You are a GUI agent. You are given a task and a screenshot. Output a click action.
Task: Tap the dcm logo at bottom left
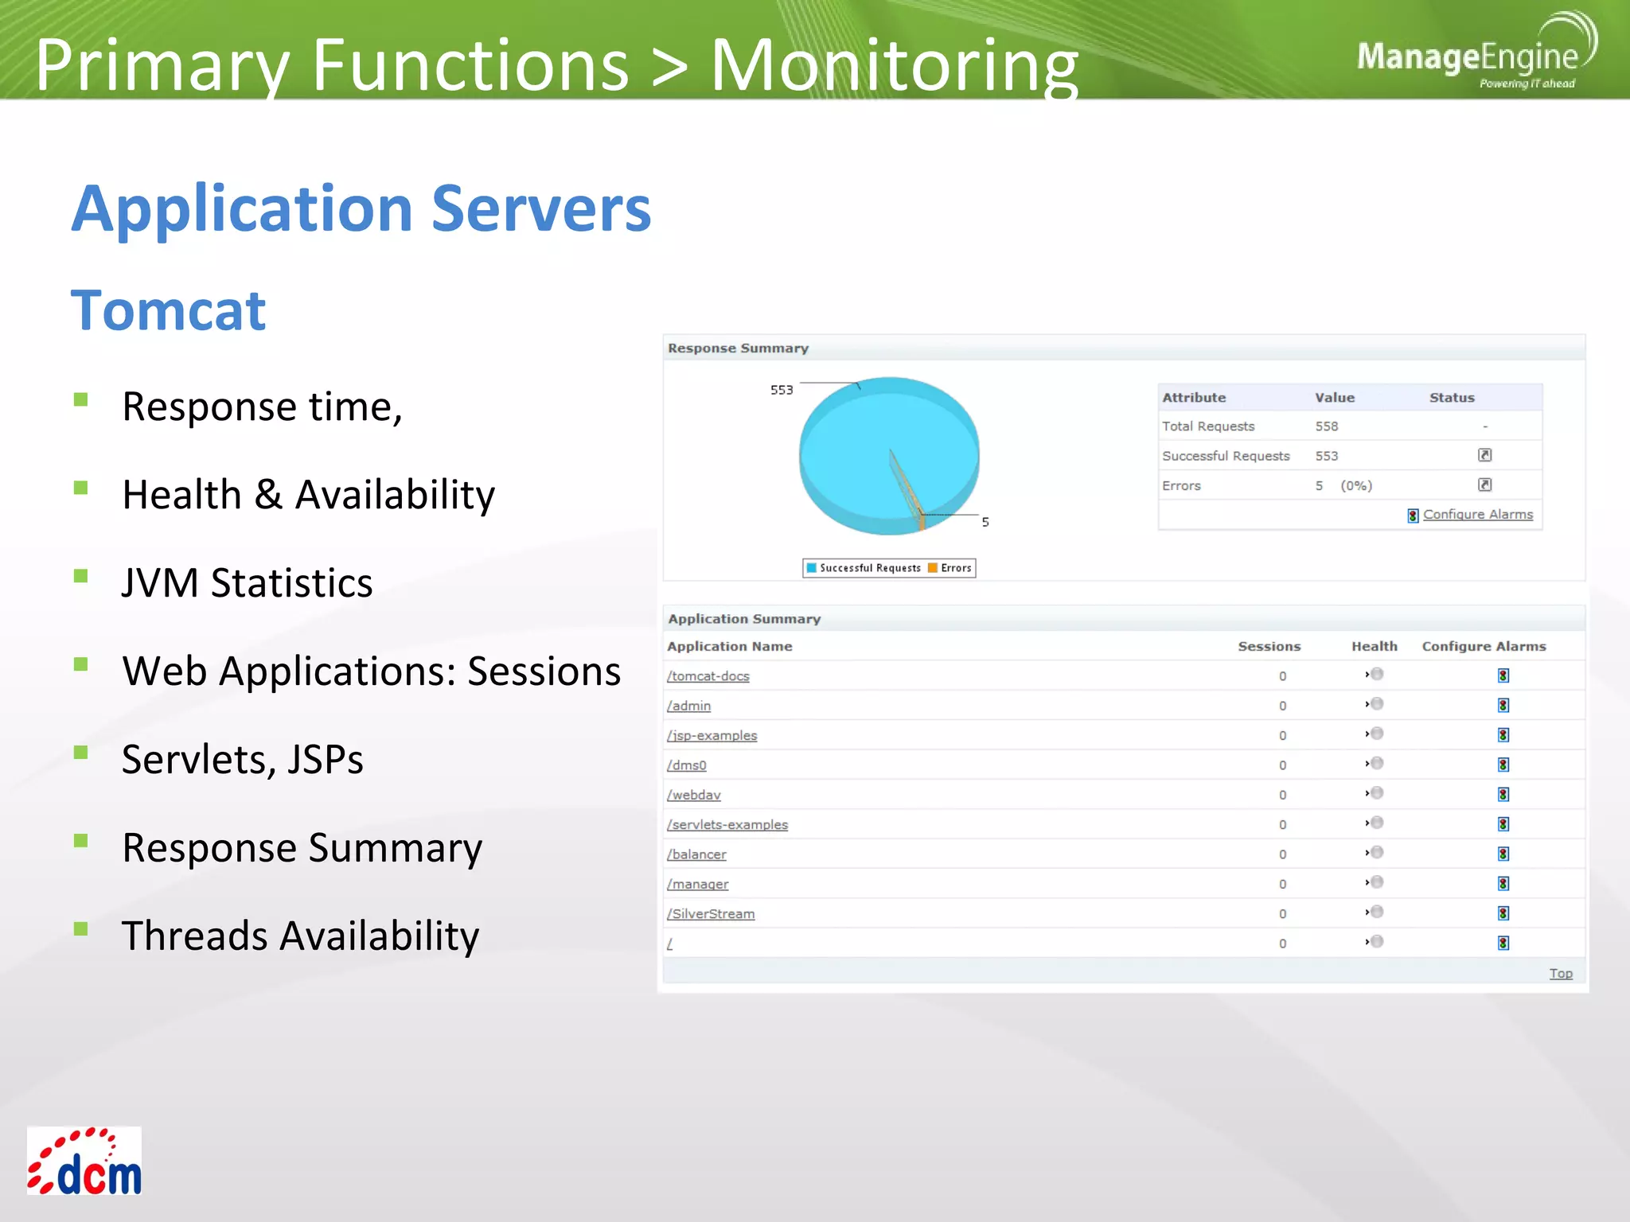pos(84,1161)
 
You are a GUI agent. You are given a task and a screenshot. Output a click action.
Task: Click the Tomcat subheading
pos(168,310)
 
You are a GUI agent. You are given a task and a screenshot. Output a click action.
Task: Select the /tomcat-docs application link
pos(708,676)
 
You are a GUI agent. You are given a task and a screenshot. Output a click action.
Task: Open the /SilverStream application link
pos(711,914)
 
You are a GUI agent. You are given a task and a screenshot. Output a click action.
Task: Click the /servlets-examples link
pos(727,825)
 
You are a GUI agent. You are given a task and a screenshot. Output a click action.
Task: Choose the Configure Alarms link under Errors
pos(1477,515)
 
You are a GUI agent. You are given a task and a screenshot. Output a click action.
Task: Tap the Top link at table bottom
pos(1560,974)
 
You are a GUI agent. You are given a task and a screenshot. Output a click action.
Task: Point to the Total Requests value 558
pos(1327,426)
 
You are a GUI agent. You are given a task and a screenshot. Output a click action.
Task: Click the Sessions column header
pos(1269,647)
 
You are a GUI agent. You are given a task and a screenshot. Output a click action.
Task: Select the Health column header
pos(1374,647)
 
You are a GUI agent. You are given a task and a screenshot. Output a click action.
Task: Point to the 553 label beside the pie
pos(782,390)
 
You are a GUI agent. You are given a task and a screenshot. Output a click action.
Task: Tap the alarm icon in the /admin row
pos(1503,706)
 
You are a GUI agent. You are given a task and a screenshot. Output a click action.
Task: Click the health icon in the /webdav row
pos(1375,793)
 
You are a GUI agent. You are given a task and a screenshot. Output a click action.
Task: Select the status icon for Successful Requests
pos(1484,455)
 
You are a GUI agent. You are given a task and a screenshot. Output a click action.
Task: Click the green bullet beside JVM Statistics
pos(80,576)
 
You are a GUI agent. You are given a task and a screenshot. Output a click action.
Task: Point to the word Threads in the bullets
pos(194,936)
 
